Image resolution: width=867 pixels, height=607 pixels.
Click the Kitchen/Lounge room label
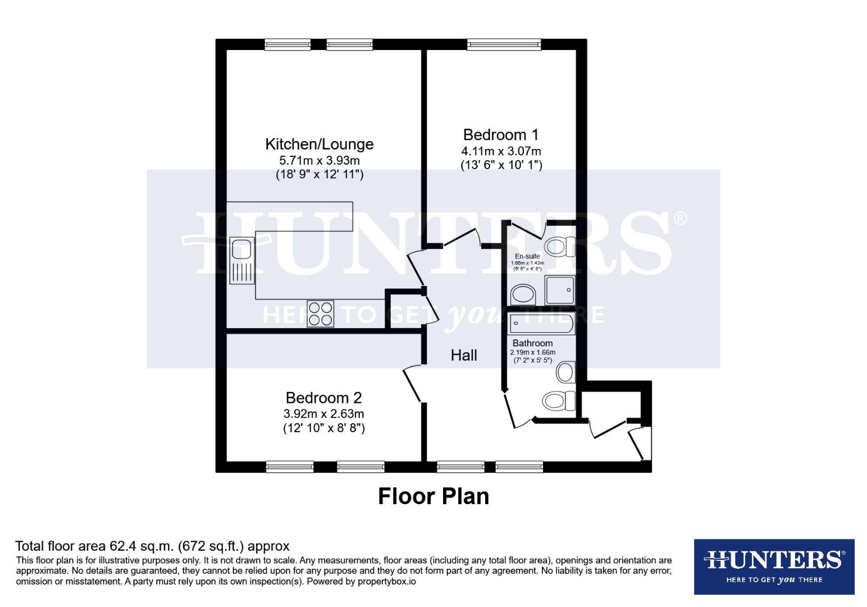(319, 144)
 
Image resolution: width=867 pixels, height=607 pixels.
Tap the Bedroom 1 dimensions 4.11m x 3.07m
(501, 151)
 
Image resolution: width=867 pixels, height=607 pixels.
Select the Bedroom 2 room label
(323, 398)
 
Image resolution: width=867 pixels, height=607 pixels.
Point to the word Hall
(464, 355)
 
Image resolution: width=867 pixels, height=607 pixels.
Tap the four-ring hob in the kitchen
(320, 314)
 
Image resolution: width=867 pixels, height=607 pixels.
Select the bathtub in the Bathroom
(541, 324)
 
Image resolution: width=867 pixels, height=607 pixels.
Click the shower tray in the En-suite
(559, 290)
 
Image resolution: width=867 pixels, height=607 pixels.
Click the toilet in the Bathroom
(559, 401)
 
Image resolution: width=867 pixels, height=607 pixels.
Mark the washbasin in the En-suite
(523, 295)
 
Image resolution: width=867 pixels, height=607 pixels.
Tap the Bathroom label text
(532, 343)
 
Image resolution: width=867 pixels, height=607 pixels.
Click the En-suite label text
(527, 256)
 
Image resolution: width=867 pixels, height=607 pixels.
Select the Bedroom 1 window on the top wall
(504, 44)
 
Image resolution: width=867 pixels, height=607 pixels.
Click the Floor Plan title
(433, 496)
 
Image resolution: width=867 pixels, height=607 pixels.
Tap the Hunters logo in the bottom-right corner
(774, 567)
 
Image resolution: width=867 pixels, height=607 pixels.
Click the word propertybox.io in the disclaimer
(387, 582)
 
